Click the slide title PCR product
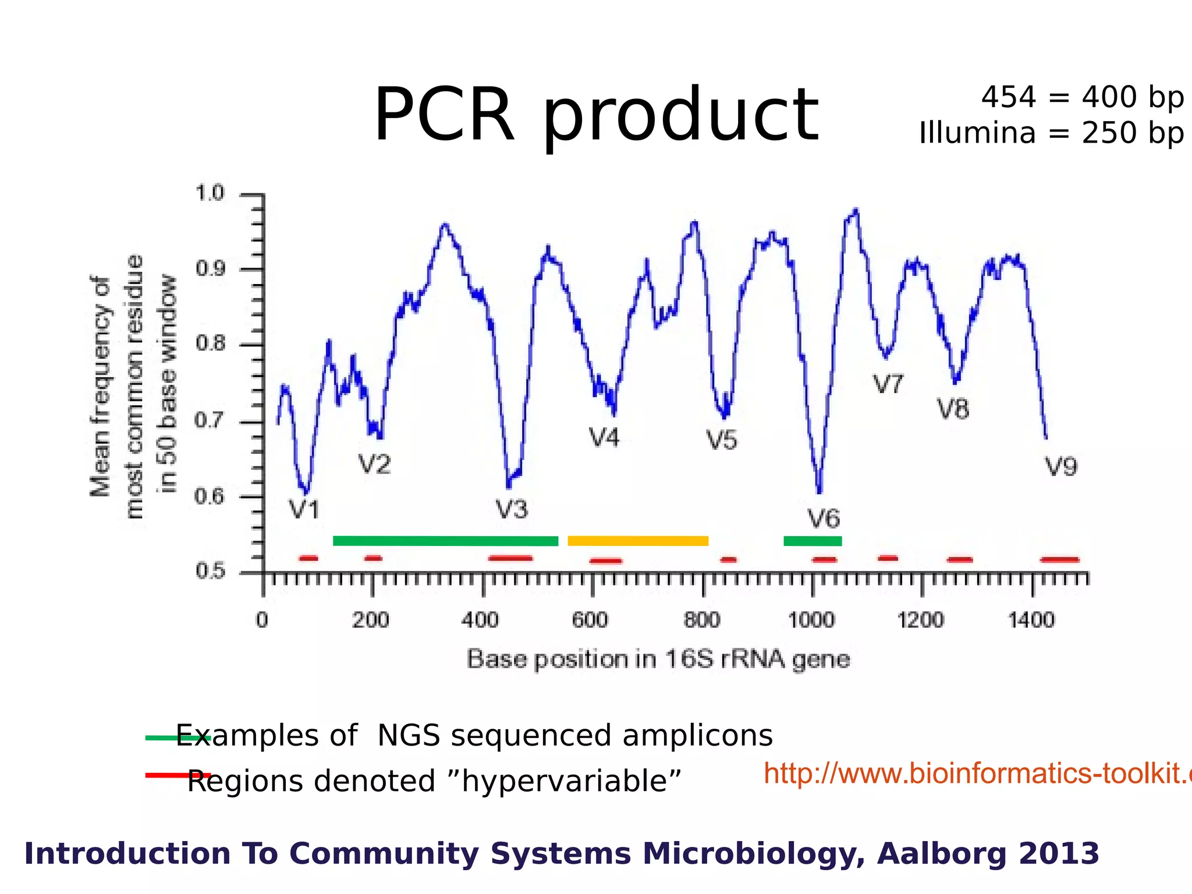coord(596,115)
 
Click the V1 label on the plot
coord(305,510)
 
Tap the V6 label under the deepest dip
coord(824,519)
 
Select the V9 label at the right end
coord(1061,467)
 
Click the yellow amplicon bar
coord(638,541)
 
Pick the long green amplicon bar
coord(445,541)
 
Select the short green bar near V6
coord(813,541)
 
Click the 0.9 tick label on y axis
coord(210,269)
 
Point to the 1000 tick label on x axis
coord(811,620)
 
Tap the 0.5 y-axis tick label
coord(210,571)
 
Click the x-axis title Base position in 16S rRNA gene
coord(658,659)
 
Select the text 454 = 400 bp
coord(1082,97)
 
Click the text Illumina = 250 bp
coord(1051,133)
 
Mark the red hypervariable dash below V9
coord(1059,560)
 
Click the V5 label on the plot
coord(722,441)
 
